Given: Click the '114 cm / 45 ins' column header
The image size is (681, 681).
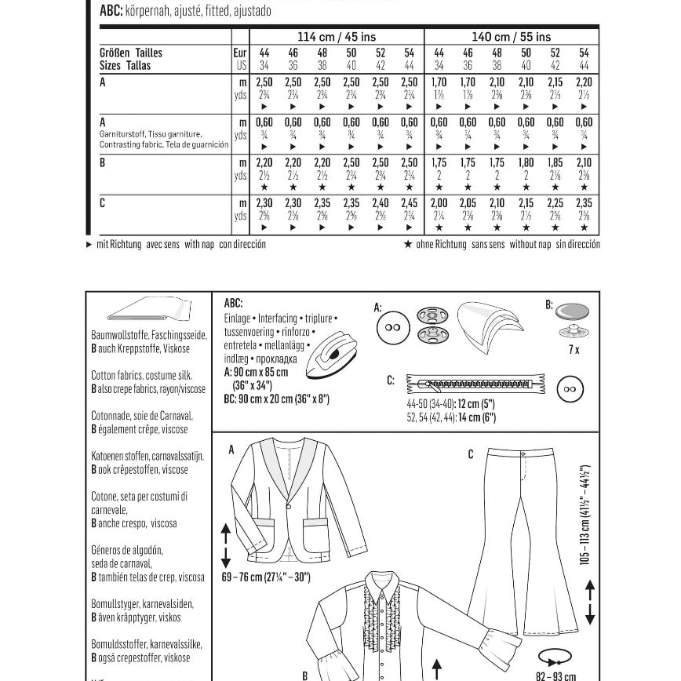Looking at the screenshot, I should point(337,37).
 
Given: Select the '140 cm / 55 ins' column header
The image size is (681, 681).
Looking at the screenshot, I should point(511,37).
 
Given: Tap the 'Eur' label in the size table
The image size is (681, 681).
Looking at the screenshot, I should point(241,53).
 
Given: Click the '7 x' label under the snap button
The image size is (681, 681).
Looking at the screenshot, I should point(574,349).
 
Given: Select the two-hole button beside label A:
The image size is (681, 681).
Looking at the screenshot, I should point(394,328).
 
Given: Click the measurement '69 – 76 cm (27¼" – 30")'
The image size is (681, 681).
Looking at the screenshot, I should point(266,577).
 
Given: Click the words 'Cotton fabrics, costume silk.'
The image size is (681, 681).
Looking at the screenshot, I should point(141,376).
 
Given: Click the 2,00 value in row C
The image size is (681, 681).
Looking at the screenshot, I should point(439,204).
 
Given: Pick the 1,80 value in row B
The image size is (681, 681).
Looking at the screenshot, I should point(526,163).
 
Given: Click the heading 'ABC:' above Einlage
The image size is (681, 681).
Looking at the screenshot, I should point(233,304).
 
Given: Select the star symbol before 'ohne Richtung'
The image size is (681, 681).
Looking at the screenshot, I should point(408,245).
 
